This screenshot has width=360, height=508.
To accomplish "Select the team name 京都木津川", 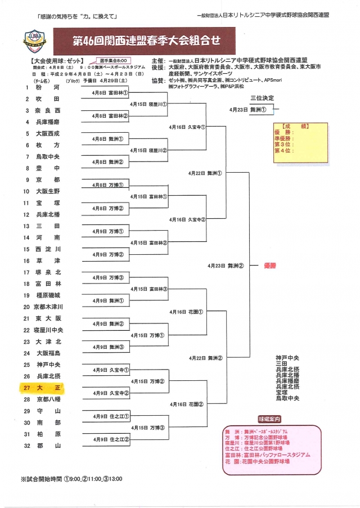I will click(x=49, y=307).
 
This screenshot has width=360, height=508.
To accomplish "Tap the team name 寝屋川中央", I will click(x=49, y=330).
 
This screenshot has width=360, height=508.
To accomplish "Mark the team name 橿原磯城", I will click(x=49, y=295).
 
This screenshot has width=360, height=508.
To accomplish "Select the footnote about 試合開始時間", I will click(x=71, y=479).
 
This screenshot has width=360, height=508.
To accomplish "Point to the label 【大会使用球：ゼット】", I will click(x=55, y=61).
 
